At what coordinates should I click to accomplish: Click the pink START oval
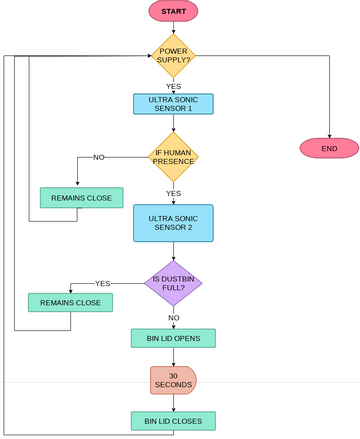173,11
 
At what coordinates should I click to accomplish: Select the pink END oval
329,148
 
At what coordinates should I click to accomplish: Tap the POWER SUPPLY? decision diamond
173,57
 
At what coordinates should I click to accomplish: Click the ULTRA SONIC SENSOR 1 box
173,104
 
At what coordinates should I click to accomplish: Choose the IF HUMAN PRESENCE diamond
173,157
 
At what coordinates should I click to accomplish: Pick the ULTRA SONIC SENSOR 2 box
173,223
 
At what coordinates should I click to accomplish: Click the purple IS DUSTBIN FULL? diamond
173,283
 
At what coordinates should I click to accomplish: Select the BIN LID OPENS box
173,338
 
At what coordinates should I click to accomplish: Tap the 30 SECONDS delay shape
173,380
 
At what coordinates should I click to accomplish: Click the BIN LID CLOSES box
173,421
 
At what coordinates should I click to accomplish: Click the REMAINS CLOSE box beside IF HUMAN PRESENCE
81,198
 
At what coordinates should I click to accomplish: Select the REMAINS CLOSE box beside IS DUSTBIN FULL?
70,301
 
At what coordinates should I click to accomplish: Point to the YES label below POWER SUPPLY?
173,86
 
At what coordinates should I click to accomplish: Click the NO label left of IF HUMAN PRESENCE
99,157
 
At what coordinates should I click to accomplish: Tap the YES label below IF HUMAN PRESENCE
173,193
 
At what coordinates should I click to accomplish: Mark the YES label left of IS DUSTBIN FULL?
102,283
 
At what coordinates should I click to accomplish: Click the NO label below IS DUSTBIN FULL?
173,317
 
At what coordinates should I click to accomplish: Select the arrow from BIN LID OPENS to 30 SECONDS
173,356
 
